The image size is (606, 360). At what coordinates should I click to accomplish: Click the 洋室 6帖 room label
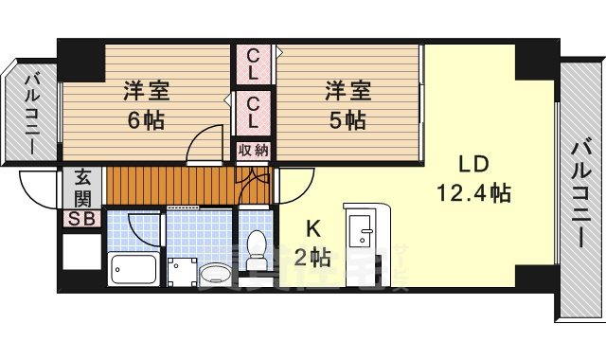[x=146, y=105]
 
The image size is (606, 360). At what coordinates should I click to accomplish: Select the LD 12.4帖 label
[x=473, y=178]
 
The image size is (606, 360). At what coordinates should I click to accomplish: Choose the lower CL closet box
[x=254, y=112]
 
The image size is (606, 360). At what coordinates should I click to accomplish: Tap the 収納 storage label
[x=253, y=150]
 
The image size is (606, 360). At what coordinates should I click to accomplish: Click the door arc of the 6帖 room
[x=201, y=148]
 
